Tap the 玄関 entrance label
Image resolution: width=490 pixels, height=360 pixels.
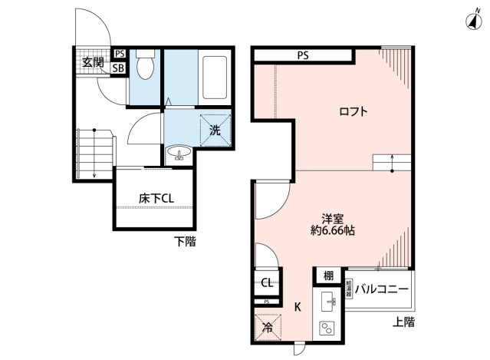pos(94,61)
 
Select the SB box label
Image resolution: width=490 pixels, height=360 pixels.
pos(118,68)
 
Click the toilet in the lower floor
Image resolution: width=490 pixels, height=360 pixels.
pos(145,66)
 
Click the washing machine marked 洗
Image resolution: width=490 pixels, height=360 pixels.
pos(215,129)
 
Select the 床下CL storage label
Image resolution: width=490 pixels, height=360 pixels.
pos(156,198)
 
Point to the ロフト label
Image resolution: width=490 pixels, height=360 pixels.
pos(354,112)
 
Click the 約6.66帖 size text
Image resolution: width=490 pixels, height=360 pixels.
pos(333,230)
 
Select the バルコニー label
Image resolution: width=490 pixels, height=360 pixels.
pos(381,289)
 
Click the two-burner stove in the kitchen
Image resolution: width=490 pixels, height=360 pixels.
pos(327,329)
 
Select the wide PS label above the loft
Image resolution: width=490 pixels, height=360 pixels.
pos(303,54)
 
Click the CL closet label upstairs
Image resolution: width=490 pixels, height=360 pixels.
pos(267,282)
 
